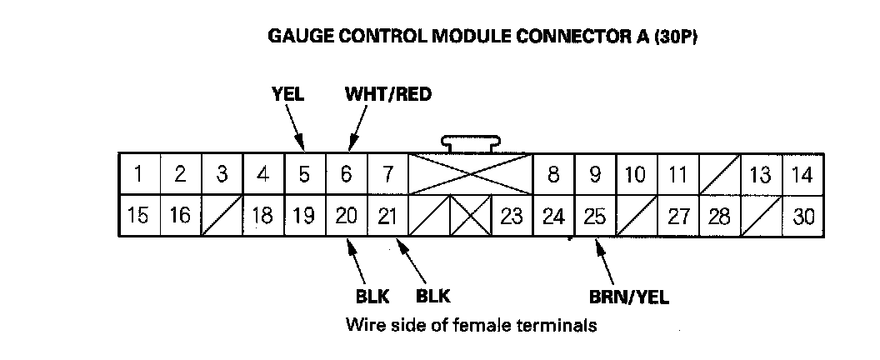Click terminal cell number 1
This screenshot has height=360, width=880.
140,174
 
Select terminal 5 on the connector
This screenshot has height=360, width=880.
305,174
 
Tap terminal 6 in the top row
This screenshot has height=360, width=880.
347,174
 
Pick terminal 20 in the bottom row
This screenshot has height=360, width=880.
347,216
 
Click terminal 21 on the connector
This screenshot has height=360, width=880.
388,216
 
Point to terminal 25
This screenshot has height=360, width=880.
596,216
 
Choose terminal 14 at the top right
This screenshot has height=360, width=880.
803,174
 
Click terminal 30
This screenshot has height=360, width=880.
803,216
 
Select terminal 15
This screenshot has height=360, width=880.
140,216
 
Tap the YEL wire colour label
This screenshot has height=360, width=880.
287,94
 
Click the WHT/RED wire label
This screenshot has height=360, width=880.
388,94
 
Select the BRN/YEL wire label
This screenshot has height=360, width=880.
629,297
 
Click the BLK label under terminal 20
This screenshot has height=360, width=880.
372,296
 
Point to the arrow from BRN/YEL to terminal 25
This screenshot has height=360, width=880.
606,262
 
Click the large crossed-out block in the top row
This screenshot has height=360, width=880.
471,174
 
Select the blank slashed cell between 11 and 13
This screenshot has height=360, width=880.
720,174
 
